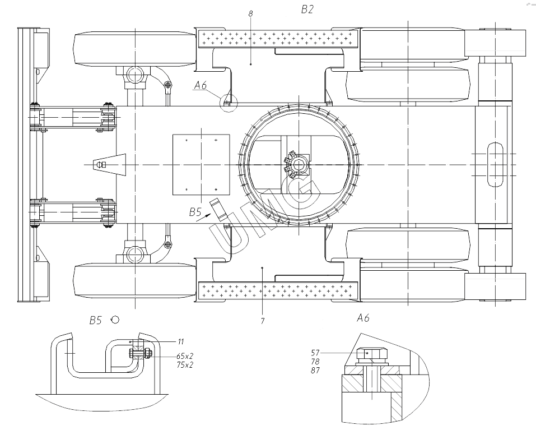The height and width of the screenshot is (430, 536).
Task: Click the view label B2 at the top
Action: pyautogui.click(x=307, y=9)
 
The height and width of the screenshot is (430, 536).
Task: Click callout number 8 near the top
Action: pyautogui.click(x=251, y=13)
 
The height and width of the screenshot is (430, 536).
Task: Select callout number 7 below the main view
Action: pyautogui.click(x=262, y=321)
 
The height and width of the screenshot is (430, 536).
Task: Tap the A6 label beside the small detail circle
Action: pyautogui.click(x=201, y=85)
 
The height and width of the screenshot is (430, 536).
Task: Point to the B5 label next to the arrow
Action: pyautogui.click(x=195, y=212)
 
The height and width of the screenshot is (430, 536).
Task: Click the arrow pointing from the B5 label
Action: pyautogui.click(x=203, y=217)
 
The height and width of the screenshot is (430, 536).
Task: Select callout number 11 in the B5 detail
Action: pyautogui.click(x=181, y=341)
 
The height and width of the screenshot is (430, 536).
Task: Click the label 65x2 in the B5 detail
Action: pyautogui.click(x=185, y=356)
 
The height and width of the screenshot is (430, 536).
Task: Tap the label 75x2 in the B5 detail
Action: pyautogui.click(x=185, y=364)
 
